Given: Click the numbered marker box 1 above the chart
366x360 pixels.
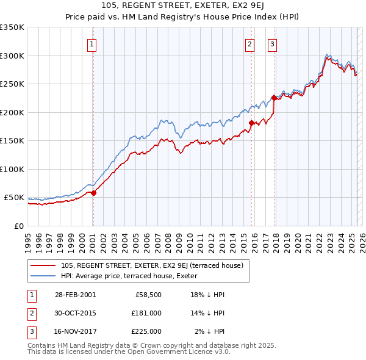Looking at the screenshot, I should (x=91, y=43).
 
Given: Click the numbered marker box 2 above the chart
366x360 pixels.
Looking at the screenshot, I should (x=250, y=43).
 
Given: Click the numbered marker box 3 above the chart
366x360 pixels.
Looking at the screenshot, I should (x=272, y=43).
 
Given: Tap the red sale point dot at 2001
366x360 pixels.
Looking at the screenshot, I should (x=94, y=193).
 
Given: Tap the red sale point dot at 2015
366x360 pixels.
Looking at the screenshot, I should (x=251, y=123).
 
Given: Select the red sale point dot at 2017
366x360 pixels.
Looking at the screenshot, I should (x=274, y=98).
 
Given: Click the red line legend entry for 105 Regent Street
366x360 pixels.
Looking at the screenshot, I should (x=152, y=265).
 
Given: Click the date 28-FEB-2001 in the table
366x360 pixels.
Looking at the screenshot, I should (x=76, y=295).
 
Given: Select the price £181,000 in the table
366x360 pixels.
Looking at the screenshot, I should (x=146, y=313).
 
